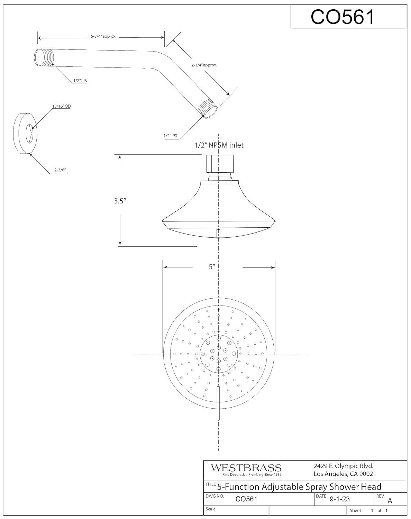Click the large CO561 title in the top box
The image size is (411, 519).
(x=342, y=17)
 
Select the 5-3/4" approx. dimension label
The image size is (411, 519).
(x=103, y=36)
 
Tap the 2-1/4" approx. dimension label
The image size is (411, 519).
(x=204, y=65)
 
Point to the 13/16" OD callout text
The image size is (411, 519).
(x=62, y=107)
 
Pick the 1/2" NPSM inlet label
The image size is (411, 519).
(x=219, y=145)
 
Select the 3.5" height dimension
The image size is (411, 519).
(x=119, y=201)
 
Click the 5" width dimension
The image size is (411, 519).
(x=212, y=267)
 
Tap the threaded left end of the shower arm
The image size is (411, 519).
(x=45, y=57)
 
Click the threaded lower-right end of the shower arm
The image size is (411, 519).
(x=209, y=108)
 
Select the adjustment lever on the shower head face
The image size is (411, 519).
(x=218, y=403)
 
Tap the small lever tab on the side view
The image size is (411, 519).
(x=218, y=234)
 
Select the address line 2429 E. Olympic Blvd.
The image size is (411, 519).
(x=344, y=466)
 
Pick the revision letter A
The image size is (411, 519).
(x=390, y=501)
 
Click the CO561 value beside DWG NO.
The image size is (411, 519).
(x=246, y=499)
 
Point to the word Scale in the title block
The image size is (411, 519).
(x=211, y=509)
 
